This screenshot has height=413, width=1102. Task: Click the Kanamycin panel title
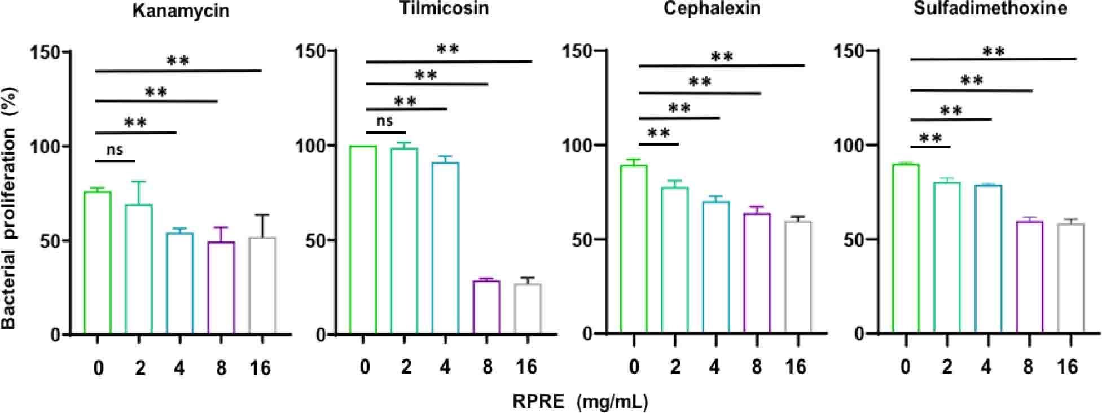[x=181, y=11]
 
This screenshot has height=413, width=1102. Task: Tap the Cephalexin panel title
[x=712, y=8]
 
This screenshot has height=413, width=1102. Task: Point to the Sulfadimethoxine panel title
[x=990, y=8]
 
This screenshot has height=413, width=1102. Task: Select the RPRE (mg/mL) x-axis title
[x=580, y=401]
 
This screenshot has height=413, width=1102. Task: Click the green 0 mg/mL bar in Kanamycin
[x=98, y=263]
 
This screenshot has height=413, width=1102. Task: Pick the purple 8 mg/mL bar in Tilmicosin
[x=486, y=307]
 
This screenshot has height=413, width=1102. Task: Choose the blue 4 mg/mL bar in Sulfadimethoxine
[x=988, y=259]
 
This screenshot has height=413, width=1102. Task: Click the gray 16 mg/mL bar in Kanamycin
[x=262, y=285]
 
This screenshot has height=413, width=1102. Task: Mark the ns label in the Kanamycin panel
[x=115, y=150]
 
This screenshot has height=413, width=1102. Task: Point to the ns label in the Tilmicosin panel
[x=384, y=121]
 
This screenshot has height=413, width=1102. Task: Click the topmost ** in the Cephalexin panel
[x=722, y=56]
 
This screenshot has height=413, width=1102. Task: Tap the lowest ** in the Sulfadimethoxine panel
[x=930, y=138]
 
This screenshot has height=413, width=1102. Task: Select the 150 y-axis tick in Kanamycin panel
[x=48, y=52]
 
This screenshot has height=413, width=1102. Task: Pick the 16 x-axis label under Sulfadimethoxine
[x=1067, y=367]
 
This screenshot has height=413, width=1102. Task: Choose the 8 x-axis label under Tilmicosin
[x=487, y=368]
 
